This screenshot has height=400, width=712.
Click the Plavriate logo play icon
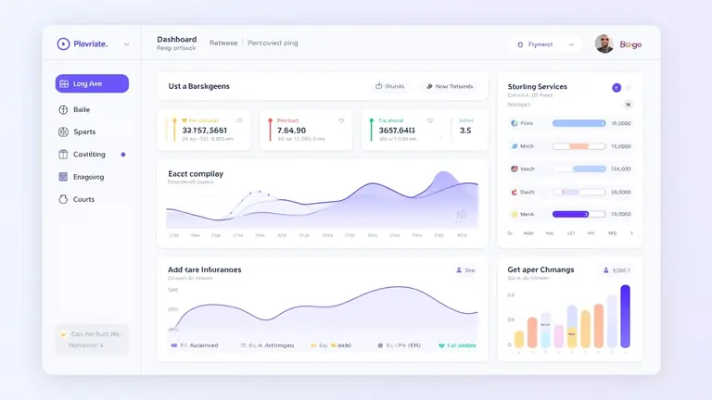coord(63,44)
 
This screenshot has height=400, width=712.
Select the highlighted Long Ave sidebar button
coord(92,84)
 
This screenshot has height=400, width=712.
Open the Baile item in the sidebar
coord(82,109)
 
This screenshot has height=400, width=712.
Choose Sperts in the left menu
coord(83,131)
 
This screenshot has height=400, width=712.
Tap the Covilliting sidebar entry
coord(89,155)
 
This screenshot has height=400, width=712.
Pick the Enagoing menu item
coord(88,177)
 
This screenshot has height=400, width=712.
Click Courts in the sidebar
coord(83,199)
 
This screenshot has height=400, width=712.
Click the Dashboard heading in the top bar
coord(176,40)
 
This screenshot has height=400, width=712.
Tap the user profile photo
coord(604,44)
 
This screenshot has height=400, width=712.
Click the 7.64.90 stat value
coord(292,131)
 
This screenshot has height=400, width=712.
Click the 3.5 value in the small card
coord(465,131)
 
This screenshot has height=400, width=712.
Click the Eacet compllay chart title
coord(196,173)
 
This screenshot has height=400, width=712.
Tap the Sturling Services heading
coord(537,86)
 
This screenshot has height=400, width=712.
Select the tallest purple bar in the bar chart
coord(625,316)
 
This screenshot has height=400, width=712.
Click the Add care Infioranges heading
coord(204,269)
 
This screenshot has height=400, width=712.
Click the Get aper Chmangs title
coord(540,269)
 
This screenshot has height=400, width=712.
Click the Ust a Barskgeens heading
coord(198,86)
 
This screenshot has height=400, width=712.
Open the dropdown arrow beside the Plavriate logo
coord(126,44)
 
